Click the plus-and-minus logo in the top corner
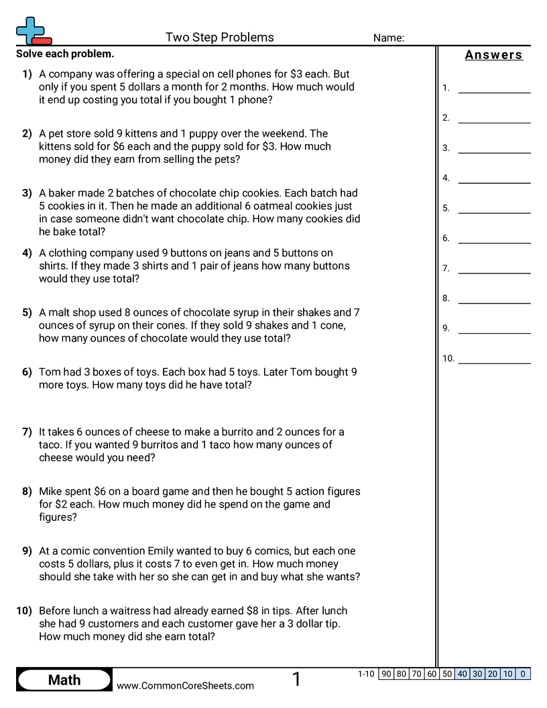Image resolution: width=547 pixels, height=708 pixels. pyautogui.click(x=33, y=31)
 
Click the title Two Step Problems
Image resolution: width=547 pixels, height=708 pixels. pyautogui.click(x=219, y=38)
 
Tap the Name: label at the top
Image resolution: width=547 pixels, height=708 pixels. pyautogui.click(x=388, y=38)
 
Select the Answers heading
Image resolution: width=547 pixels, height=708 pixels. pyautogui.click(x=493, y=55)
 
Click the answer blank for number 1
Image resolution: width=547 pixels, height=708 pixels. pyautogui.click(x=494, y=88)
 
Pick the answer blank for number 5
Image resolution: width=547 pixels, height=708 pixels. pyautogui.click(x=494, y=209)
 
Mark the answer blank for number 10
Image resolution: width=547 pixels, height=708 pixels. pyautogui.click(x=494, y=359)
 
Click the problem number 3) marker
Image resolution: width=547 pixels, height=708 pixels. pyautogui.click(x=27, y=193)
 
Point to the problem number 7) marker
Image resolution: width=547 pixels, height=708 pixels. pyautogui.click(x=27, y=432)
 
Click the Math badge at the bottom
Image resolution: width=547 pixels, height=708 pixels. pyautogui.click(x=64, y=680)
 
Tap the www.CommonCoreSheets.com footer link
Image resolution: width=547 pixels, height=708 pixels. pyautogui.click(x=185, y=685)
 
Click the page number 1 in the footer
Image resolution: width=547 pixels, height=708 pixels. pyautogui.click(x=296, y=680)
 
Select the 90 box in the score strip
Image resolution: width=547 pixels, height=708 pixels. pyautogui.click(x=386, y=674)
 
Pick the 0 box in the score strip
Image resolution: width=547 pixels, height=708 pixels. pyautogui.click(x=523, y=674)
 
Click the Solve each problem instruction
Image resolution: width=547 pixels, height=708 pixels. pyautogui.click(x=65, y=54)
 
